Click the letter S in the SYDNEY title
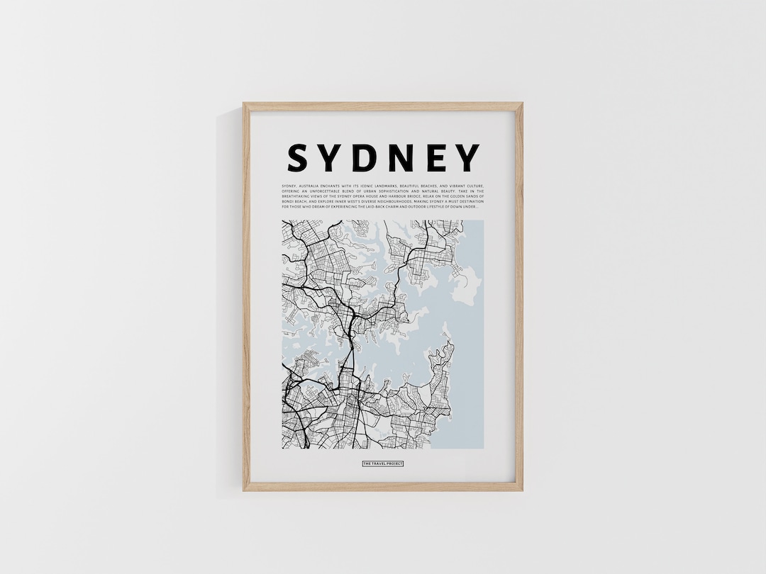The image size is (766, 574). pyautogui.click(x=298, y=158)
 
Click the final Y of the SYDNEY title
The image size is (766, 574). pyautogui.click(x=468, y=158)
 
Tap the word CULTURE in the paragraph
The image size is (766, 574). pyautogui.click(x=476, y=186)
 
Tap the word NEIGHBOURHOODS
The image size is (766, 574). pyautogui.click(x=394, y=201)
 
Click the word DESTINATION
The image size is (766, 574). pyautogui.click(x=472, y=201)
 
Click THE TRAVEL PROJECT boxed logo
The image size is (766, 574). pyautogui.click(x=382, y=463)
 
